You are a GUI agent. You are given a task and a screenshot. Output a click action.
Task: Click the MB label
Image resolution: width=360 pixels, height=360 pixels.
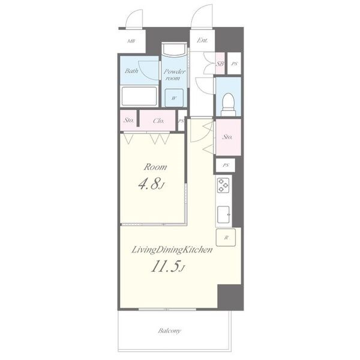coord(131,41)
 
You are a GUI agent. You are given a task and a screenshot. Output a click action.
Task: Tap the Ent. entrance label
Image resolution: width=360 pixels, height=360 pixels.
coord(202,41)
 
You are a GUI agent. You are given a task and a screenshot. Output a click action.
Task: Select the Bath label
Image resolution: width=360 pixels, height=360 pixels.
coord(131,71)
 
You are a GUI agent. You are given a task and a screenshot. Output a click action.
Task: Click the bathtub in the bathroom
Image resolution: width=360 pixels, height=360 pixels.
coord(139,96)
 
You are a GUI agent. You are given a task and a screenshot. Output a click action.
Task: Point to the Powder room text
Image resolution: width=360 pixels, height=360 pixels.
coord(175,75)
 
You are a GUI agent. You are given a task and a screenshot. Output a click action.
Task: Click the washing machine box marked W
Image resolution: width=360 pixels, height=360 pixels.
coord(174,98)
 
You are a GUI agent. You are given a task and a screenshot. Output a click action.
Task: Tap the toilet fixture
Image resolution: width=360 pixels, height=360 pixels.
coord(229,104)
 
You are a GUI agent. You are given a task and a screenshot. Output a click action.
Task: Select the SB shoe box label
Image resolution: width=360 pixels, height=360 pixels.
coord(220,64)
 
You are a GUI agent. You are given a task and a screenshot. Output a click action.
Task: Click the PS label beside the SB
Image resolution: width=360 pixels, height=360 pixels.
coord(234,64)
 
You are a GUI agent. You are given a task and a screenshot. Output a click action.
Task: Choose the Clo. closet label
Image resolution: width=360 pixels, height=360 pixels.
coord(158,121)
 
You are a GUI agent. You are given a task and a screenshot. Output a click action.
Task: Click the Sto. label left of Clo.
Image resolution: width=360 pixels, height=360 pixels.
coord(129,120)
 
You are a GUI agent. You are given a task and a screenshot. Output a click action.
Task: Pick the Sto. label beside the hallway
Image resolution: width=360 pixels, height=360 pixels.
coord(227,137)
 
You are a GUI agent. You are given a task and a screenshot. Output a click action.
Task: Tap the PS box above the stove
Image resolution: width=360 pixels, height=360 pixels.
coord(226,165)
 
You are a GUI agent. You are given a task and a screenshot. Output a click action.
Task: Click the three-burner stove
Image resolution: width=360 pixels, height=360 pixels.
coord(223,185)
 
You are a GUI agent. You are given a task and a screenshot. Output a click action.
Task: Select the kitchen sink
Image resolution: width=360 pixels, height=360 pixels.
coord(223,214)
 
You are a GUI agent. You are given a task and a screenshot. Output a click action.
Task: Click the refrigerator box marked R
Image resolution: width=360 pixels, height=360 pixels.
coord(226,238)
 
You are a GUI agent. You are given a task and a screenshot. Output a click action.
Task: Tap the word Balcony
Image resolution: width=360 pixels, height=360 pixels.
coord(169,331)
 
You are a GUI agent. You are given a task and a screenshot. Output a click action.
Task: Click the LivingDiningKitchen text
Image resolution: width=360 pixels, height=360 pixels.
coord(172,250)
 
